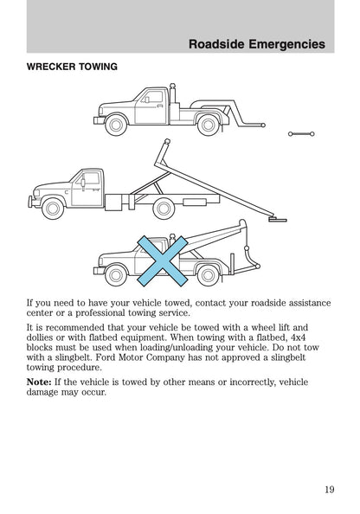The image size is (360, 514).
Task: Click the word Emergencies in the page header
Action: tap(282, 43)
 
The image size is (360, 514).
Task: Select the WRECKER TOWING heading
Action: tap(73, 67)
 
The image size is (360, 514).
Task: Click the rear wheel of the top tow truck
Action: tap(209, 125)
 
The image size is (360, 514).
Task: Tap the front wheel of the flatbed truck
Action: tap(55, 208)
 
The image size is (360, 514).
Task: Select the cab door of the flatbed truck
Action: tap(86, 189)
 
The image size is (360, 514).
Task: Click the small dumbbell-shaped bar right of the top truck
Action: tap(301, 134)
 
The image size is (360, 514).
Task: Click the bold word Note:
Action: tap(39, 381)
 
